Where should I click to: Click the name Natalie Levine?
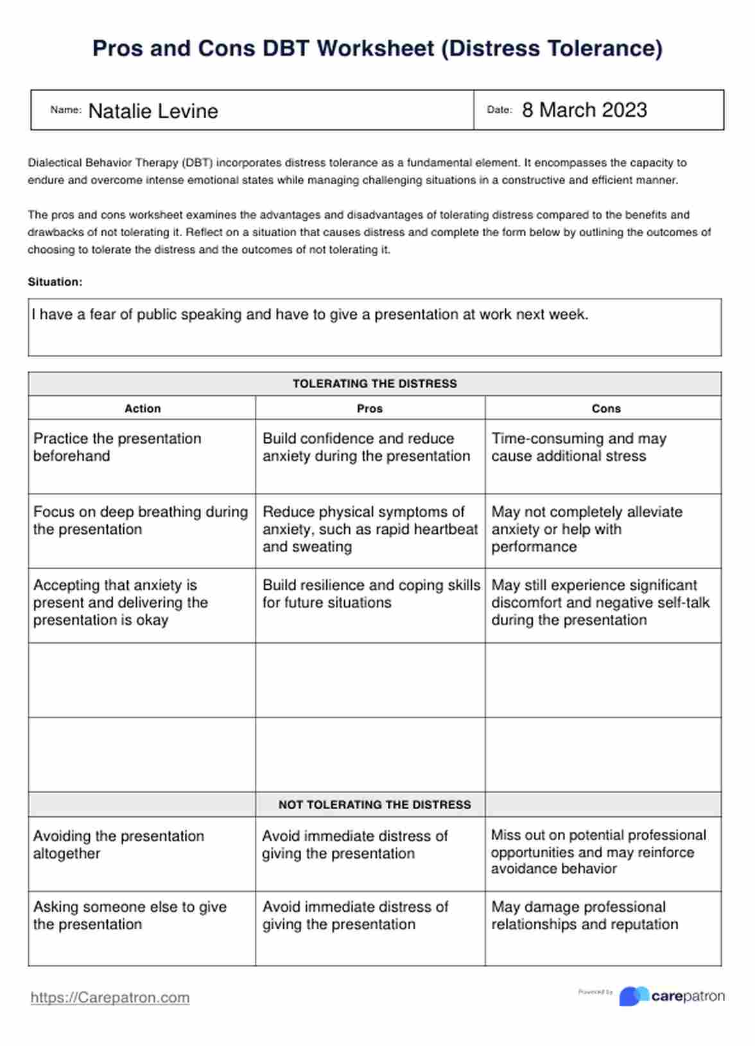(153, 112)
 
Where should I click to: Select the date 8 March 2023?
(584, 110)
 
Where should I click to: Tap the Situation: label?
(55, 282)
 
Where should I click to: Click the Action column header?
(143, 409)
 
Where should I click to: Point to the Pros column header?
(370, 409)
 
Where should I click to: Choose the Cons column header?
(606, 409)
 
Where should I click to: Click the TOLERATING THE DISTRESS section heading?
(375, 384)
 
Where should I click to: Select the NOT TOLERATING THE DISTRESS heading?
(375, 805)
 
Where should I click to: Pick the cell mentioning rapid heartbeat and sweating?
(370, 529)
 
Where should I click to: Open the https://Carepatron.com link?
(110, 998)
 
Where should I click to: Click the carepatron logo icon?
(634, 996)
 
